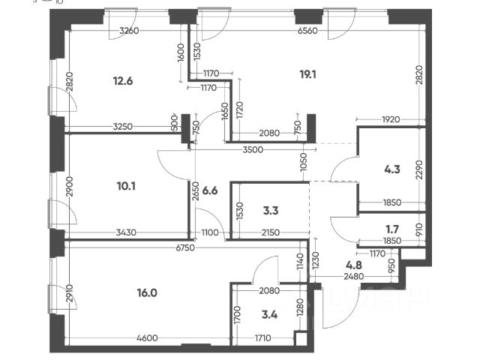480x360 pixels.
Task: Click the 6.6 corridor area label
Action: click(x=211, y=190)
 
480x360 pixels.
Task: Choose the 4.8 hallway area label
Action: click(x=354, y=264)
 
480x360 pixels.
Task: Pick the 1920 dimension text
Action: click(x=388, y=118)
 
